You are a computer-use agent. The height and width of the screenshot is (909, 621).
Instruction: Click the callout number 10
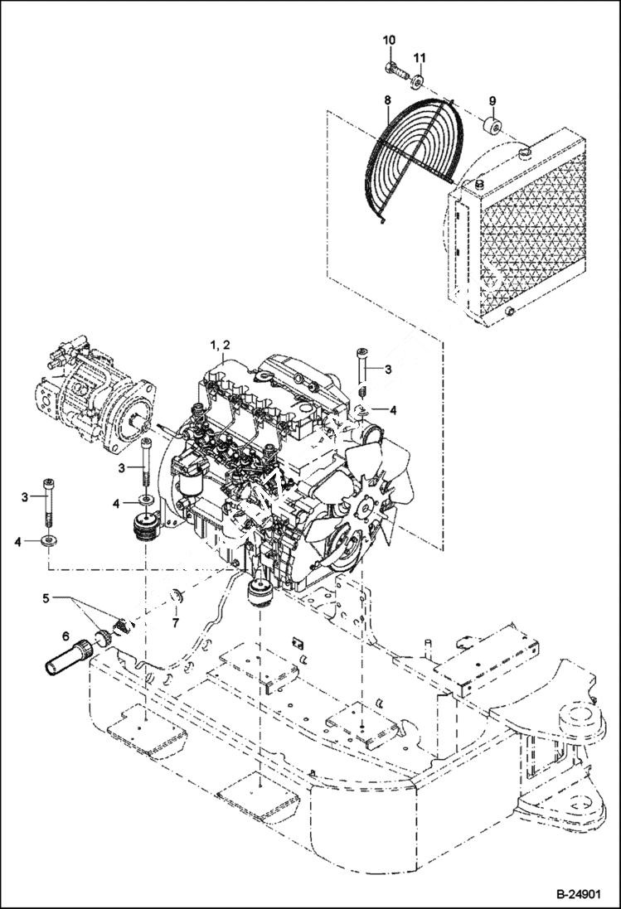click(390, 40)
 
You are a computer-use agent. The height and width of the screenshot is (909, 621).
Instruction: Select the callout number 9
click(491, 101)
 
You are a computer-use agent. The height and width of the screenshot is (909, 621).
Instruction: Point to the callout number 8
click(386, 100)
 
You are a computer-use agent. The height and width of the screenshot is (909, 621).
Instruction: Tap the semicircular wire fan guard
click(410, 157)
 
